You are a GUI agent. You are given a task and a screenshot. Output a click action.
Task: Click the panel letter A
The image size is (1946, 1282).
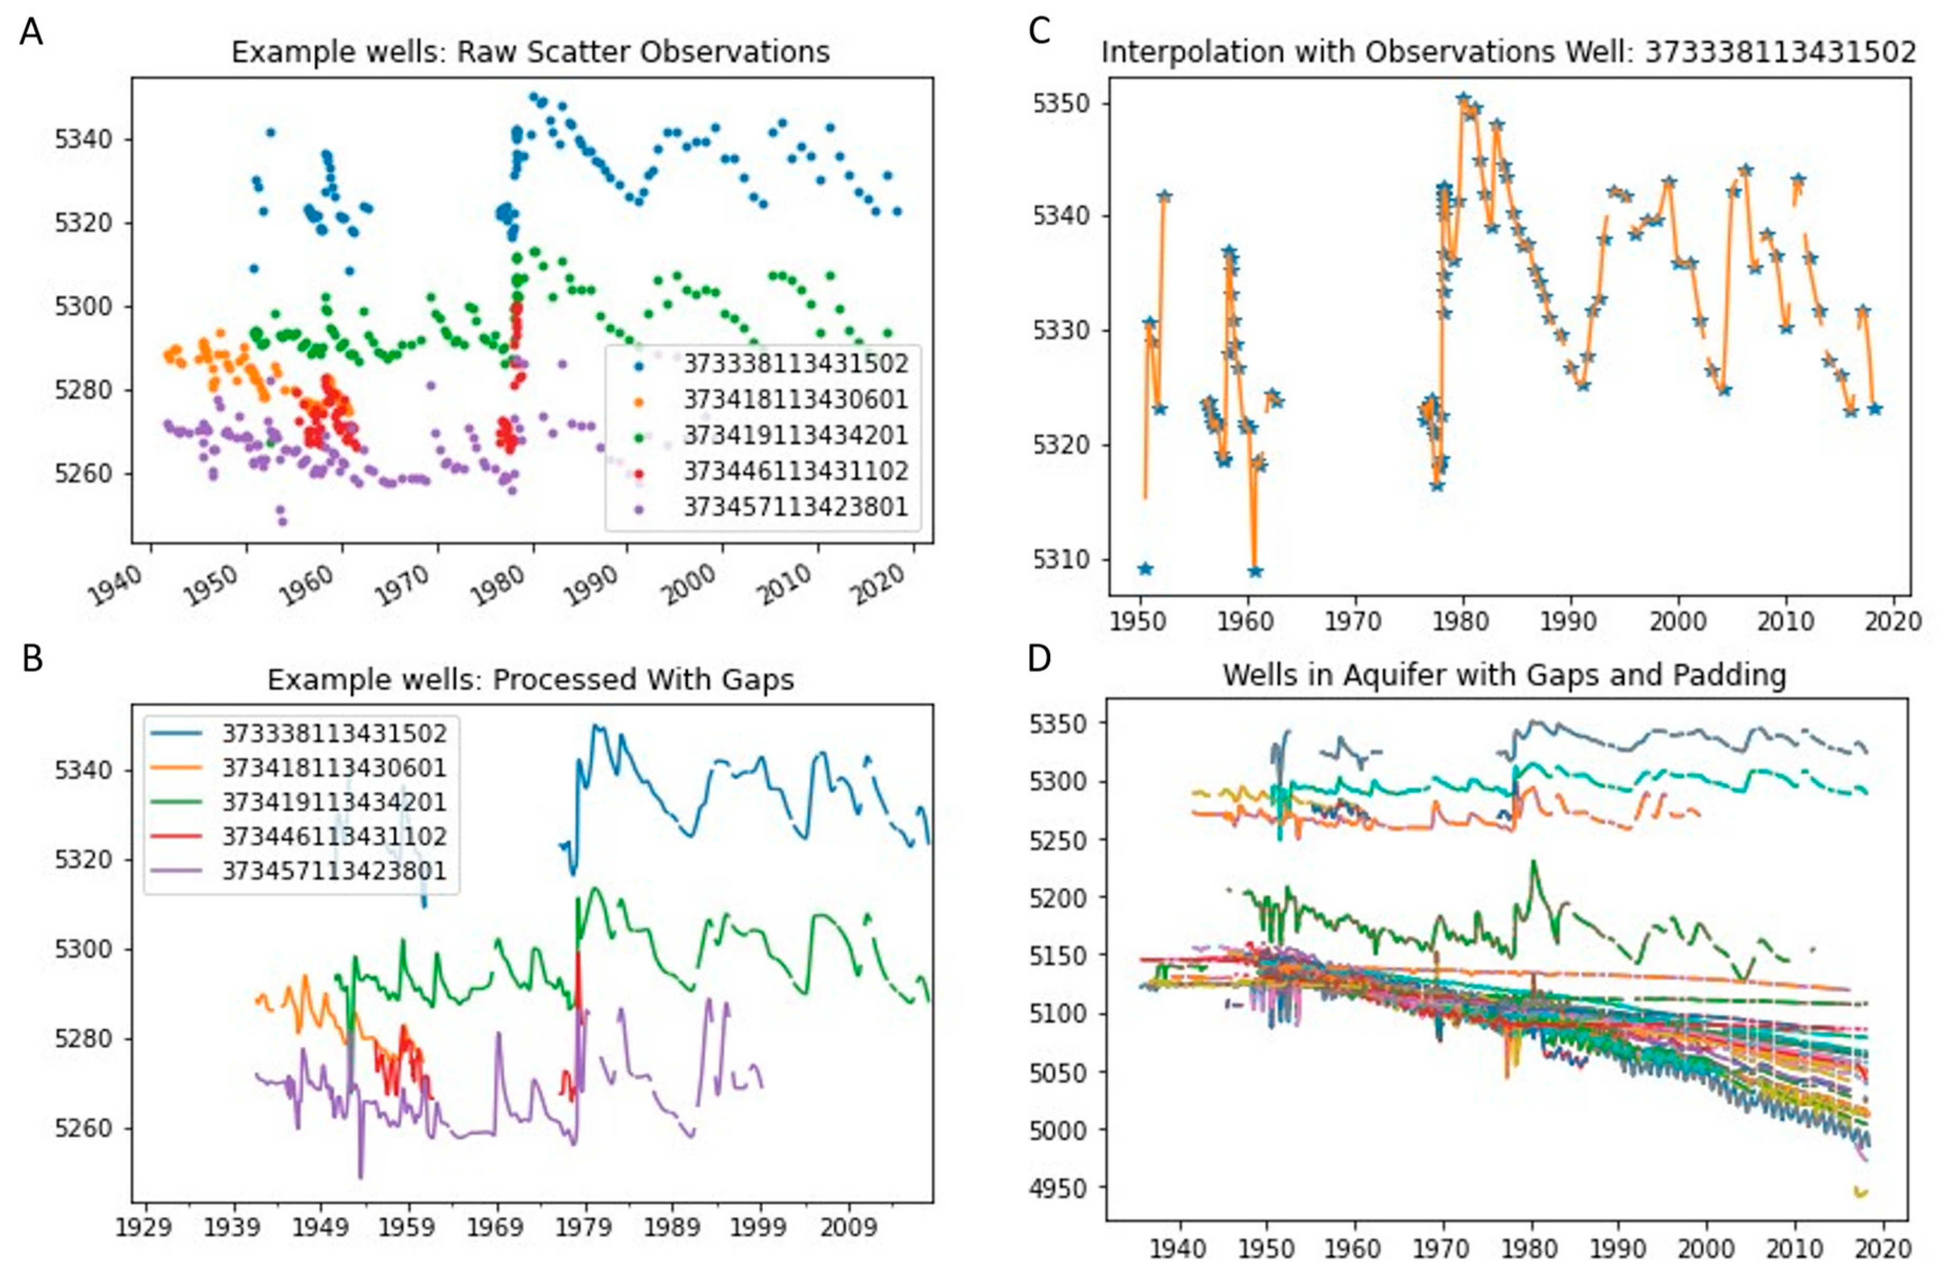pos(31,34)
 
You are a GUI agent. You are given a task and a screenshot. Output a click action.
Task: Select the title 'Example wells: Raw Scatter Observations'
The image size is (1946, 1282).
pos(531,52)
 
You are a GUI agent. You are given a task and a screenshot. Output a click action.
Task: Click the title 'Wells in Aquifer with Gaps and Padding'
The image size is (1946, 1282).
pos(1504,675)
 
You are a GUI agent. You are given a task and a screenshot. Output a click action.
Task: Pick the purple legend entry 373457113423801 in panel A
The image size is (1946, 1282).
pos(795,507)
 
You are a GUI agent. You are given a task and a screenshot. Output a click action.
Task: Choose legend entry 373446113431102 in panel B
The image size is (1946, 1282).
pos(334,836)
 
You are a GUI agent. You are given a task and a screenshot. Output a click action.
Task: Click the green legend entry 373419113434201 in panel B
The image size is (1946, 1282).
pos(334,802)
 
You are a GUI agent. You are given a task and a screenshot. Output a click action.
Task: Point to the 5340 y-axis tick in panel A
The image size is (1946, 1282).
pos(82,140)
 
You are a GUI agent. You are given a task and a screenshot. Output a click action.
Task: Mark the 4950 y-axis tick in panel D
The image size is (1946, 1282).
pos(1059,1188)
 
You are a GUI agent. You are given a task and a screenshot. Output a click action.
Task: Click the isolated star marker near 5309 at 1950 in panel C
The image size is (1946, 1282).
pos(1145,569)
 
